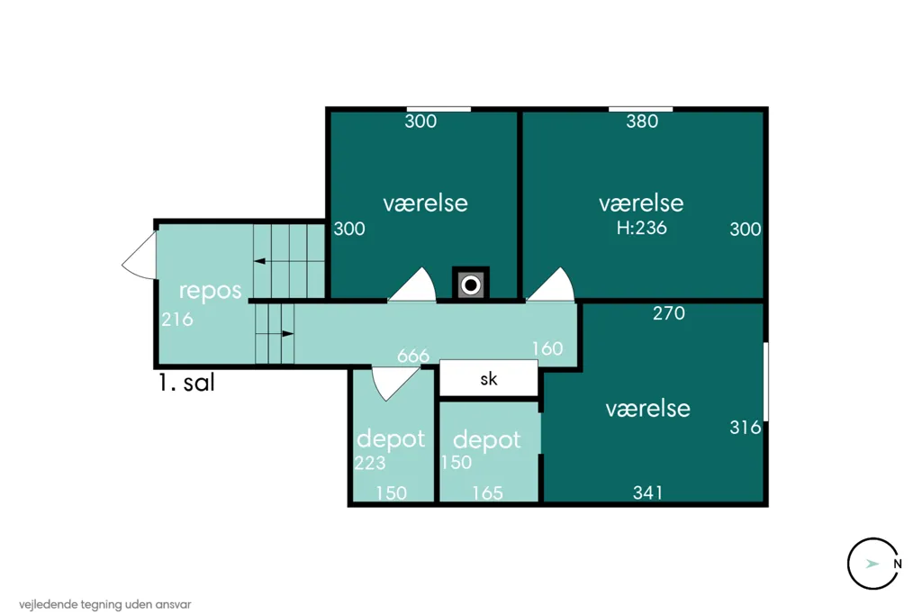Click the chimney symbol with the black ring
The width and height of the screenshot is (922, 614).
tap(470, 284)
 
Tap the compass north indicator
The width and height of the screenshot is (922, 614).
tap(873, 564)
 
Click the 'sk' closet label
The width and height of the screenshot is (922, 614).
tap(489, 379)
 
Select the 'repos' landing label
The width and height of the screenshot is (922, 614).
tap(210, 291)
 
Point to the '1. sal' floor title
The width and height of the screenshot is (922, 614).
tap(186, 383)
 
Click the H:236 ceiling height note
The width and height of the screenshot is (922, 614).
tap(641, 228)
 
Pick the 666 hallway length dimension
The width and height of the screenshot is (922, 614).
tap(413, 356)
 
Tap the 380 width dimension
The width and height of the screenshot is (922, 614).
tap(642, 122)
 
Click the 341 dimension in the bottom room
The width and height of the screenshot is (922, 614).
tap(648, 492)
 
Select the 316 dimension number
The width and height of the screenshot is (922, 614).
tap(745, 427)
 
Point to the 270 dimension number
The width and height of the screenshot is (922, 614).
tap(669, 313)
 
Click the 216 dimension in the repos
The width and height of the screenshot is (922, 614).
tap(177, 320)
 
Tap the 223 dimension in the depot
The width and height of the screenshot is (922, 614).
tap(370, 464)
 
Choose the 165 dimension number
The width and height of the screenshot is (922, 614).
tap(487, 492)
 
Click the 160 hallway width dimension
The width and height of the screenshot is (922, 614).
tap(547, 348)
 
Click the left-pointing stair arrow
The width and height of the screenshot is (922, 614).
tap(259, 261)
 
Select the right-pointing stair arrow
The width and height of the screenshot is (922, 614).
tap(287, 333)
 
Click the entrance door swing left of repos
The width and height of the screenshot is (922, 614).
tap(140, 256)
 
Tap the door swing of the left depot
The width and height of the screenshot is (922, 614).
tap(395, 384)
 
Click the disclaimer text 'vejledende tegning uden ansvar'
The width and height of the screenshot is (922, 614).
tap(105, 604)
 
